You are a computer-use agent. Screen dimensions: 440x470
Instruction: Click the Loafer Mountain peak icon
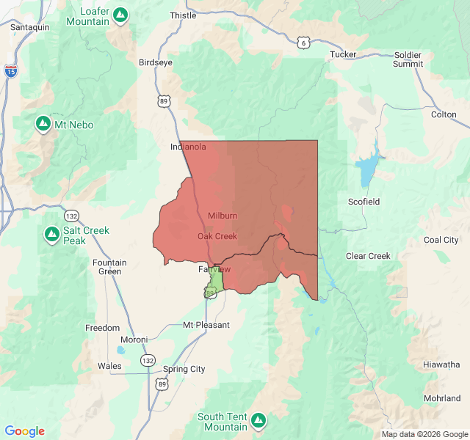point(121,14)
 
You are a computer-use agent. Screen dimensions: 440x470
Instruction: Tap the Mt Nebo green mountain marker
point(43,124)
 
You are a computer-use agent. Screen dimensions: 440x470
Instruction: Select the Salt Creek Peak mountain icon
point(52,235)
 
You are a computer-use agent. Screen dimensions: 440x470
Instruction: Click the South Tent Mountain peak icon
point(258,420)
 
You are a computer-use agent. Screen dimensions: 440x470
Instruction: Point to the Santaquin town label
point(30,26)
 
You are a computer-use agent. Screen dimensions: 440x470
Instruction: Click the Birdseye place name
point(156,62)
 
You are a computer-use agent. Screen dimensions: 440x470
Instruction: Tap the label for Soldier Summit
point(408,59)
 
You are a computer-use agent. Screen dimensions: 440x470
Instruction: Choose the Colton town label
point(444,114)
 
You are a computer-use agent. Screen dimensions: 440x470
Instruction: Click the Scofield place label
point(365,201)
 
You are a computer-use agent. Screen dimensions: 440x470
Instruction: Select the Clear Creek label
point(368,256)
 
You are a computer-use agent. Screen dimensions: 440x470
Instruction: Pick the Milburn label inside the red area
point(223,216)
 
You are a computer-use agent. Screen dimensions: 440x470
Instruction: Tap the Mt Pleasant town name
point(206,325)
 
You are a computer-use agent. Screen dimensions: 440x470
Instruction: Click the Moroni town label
point(134,340)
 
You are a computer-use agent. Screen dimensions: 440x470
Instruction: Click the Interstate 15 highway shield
point(10,70)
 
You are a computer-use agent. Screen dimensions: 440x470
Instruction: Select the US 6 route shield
point(303,43)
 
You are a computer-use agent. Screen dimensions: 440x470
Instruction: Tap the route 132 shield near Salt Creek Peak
point(72,216)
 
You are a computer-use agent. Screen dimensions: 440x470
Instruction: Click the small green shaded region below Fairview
point(216,282)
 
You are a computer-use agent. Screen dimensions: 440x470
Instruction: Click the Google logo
point(25,431)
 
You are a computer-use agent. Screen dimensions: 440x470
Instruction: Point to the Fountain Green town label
point(109,267)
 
